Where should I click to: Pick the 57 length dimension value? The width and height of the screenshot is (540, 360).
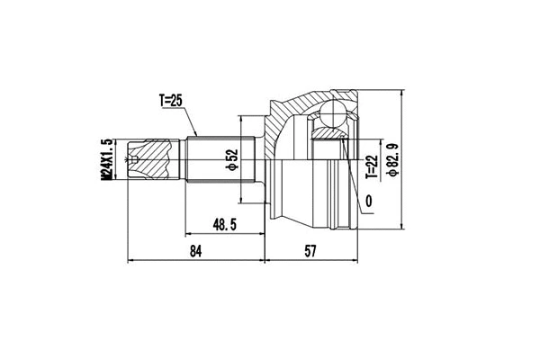[x=311, y=251]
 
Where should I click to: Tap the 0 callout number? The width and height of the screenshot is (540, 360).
[x=369, y=201]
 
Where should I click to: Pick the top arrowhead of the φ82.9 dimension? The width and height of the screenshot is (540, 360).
[x=400, y=94]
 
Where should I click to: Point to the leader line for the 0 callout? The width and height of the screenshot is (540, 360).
[x=356, y=192]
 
